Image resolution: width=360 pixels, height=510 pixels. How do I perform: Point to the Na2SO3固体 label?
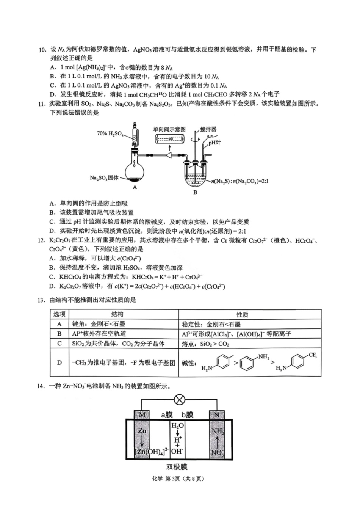coord(104,178)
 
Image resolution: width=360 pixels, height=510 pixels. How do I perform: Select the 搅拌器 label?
coord(208,129)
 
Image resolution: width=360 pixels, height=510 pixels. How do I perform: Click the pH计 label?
coord(214,143)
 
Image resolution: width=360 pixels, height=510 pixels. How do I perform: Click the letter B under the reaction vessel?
coord(195,192)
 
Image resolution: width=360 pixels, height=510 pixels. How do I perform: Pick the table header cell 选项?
coord(59,314)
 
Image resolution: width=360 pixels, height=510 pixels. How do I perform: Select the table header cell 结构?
coord(117,314)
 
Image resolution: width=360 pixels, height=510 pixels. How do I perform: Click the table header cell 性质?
coord(242,314)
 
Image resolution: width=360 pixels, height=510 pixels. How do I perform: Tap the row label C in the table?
coord(59,344)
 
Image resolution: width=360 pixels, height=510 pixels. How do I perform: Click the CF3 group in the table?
coord(313,355)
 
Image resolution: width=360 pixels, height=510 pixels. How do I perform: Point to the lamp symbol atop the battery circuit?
coord(179,400)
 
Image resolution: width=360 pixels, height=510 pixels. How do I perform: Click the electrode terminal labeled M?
coord(142,415)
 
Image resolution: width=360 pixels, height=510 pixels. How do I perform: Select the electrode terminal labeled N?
coord(217,415)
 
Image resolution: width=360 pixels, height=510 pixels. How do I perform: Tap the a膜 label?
coord(167,415)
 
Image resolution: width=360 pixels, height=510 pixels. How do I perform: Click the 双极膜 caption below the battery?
coord(177,467)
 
